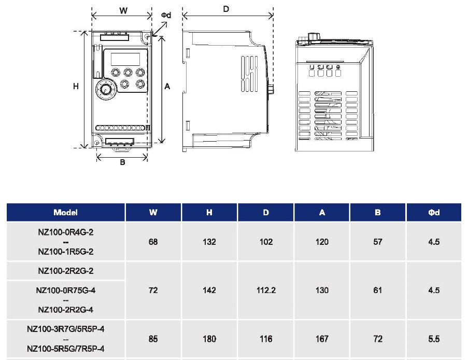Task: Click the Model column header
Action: pos(65,213)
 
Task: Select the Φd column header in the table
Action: pos(434,213)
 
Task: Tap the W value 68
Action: pos(153,242)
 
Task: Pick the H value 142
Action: pos(209,290)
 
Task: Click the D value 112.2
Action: pos(266,290)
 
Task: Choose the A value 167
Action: pos(322,339)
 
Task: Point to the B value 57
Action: pos(378,242)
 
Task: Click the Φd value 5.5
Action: pos(434,339)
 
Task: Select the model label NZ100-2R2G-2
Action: pos(65,271)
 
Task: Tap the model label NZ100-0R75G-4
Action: pos(65,290)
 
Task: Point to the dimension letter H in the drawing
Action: pos(76,86)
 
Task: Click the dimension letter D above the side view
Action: pos(226,9)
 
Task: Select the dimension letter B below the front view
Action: pos(122,162)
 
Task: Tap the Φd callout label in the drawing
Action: pos(166,16)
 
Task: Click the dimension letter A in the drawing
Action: pos(167,87)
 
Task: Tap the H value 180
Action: pos(209,339)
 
